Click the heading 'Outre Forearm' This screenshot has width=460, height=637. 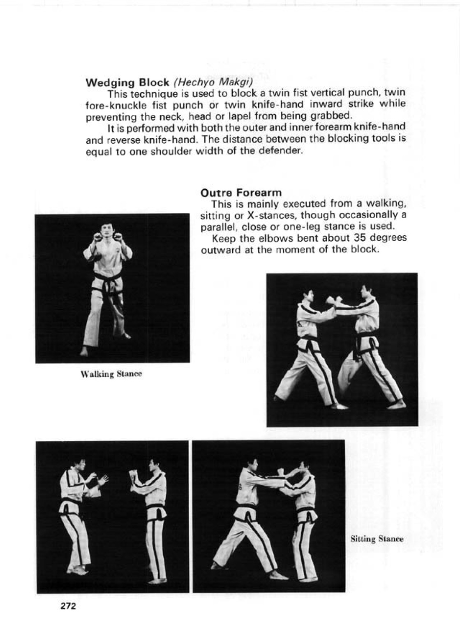[241, 193]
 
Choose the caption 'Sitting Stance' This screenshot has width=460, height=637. [377, 539]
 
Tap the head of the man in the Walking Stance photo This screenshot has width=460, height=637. [107, 231]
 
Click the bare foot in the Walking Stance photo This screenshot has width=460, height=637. [85, 352]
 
